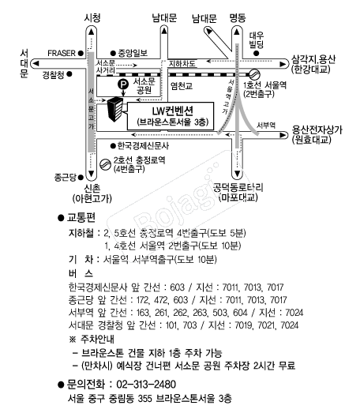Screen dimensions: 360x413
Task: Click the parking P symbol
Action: point(123,84)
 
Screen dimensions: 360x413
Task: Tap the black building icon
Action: point(114,109)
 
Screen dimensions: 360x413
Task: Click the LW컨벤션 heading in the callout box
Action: point(172,111)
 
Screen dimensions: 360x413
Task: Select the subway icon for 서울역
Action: point(255,74)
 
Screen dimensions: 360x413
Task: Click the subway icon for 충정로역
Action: point(105,164)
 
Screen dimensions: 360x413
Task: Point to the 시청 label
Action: point(92,18)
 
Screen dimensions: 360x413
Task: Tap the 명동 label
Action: point(238,18)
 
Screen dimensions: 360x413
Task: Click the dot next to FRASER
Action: point(81,53)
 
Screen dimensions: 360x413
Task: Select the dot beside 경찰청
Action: point(69,74)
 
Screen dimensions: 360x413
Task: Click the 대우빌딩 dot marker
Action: point(256,54)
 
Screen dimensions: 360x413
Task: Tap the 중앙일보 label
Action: point(133,53)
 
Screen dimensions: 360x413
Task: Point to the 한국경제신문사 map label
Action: point(143,145)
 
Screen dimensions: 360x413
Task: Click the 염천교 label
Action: point(182,86)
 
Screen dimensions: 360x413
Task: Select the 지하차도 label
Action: point(182,63)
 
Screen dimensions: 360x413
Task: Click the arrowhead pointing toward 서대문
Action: point(36,64)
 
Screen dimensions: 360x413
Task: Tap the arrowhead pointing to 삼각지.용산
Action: point(283,64)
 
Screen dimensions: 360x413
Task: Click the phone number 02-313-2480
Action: point(146,385)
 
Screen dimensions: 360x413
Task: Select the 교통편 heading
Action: point(81,218)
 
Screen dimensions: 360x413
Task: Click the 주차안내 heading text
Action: point(97,339)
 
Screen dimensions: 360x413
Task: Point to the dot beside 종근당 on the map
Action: point(81,177)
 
